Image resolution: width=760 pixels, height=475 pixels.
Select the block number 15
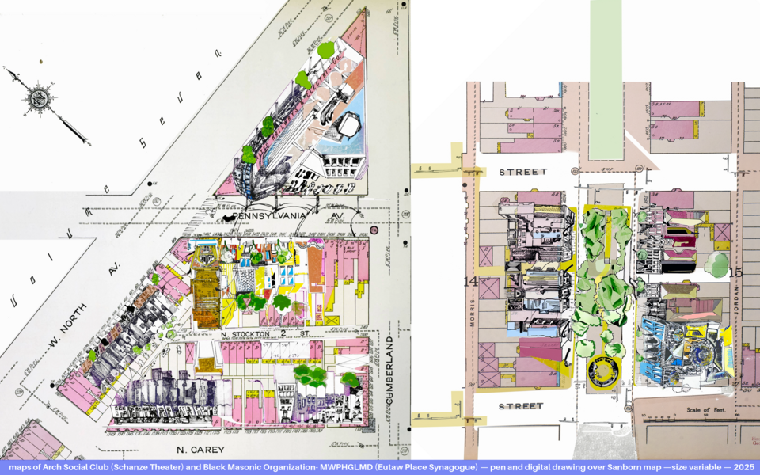[x=735, y=273]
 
